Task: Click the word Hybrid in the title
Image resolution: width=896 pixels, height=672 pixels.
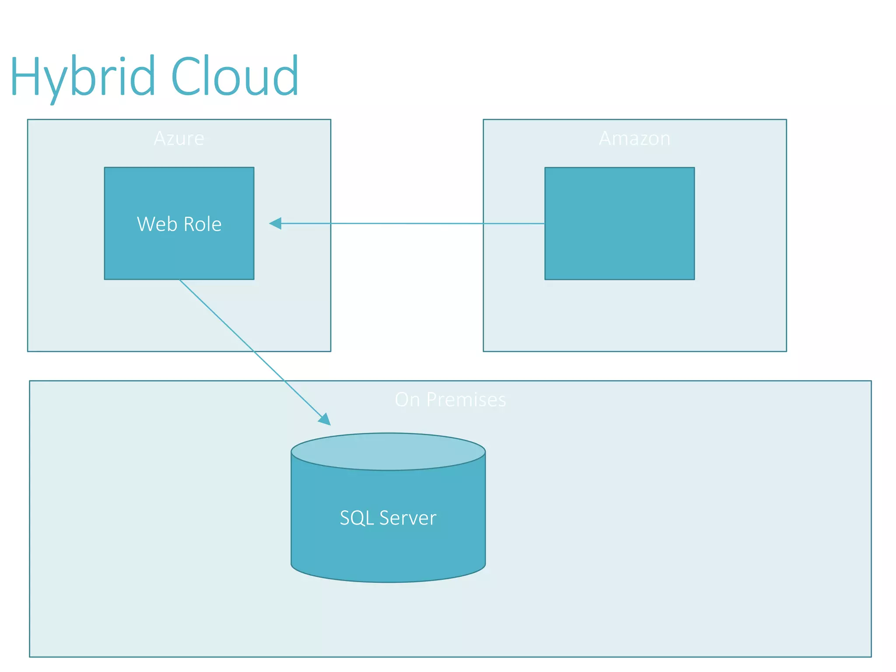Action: (82, 78)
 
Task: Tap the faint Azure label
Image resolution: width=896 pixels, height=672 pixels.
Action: (179, 138)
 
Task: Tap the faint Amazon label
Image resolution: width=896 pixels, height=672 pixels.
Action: (634, 138)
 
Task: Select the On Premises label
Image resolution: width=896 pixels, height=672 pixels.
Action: (450, 399)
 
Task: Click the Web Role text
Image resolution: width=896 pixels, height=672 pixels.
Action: (179, 224)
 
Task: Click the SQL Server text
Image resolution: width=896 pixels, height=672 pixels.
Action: (388, 518)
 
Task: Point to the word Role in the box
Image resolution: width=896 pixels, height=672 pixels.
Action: (202, 224)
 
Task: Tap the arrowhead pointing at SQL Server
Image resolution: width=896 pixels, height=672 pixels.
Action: (325, 419)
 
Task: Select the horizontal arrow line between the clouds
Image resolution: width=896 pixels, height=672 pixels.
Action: (407, 224)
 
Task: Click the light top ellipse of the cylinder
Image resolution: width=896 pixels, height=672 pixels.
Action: (388, 451)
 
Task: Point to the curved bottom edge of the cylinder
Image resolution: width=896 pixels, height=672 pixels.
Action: (388, 581)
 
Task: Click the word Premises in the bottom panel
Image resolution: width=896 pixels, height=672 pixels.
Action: (466, 399)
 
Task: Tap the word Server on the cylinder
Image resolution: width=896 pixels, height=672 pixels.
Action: (408, 518)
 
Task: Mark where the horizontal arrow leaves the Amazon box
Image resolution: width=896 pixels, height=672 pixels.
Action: (545, 224)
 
